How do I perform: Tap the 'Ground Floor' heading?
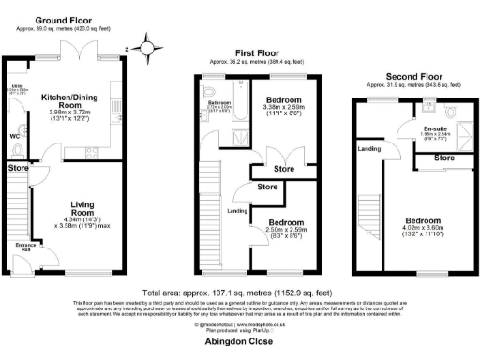(x=63, y=18)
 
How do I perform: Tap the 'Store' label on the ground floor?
(x=18, y=169)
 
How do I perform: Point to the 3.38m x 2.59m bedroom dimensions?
(x=282, y=112)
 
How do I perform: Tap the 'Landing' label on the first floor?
(x=237, y=211)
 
